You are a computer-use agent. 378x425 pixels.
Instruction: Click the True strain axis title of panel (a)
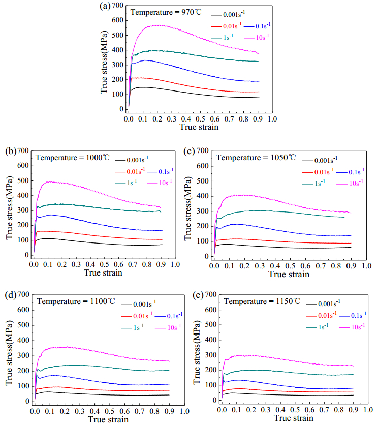(x=199, y=127)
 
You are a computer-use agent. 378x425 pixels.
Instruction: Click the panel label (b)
(x=11, y=151)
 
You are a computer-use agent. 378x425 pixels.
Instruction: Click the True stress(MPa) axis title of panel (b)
(x=10, y=207)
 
